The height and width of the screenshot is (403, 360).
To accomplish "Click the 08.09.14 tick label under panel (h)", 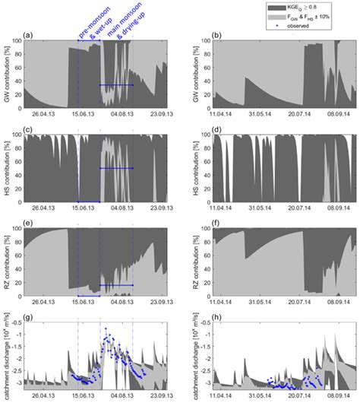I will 329,396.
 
